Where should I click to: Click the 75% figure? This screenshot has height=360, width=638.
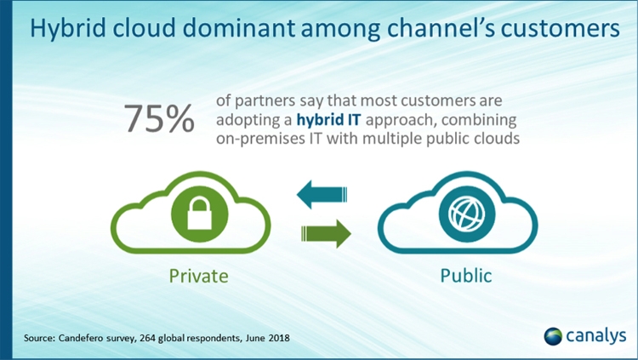159,119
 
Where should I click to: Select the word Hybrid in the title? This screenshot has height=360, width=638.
68,28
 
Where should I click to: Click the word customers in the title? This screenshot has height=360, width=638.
561,28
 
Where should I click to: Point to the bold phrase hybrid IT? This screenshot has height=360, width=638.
328,120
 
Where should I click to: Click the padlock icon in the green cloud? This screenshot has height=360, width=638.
199,214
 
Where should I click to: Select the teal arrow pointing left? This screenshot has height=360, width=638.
322,194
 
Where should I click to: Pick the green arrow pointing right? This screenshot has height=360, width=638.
326,234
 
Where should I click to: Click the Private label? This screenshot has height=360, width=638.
198,276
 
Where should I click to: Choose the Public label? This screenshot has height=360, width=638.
466,276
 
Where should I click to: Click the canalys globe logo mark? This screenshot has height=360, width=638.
553,336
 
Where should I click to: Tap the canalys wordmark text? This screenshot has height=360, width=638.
596,336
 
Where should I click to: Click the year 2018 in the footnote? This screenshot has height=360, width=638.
279,338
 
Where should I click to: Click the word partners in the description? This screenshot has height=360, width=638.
265,101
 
